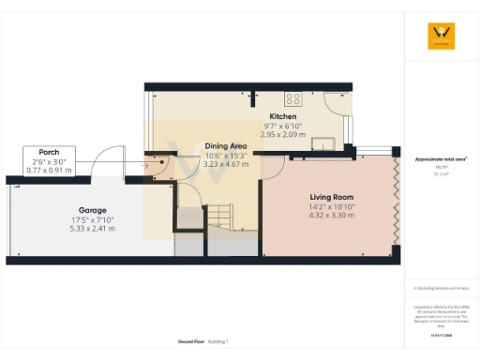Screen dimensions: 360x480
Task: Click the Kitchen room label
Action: [257, 116]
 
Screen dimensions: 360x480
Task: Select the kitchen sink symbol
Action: [326, 142]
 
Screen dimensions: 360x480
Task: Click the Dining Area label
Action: [226, 145]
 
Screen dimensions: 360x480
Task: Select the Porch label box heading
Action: [49, 152]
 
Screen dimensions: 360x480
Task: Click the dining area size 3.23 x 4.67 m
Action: [226, 163]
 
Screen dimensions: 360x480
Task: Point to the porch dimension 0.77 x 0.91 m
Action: [49, 170]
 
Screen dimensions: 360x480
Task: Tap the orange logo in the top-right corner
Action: [441, 37]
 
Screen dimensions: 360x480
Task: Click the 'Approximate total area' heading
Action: [440, 158]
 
